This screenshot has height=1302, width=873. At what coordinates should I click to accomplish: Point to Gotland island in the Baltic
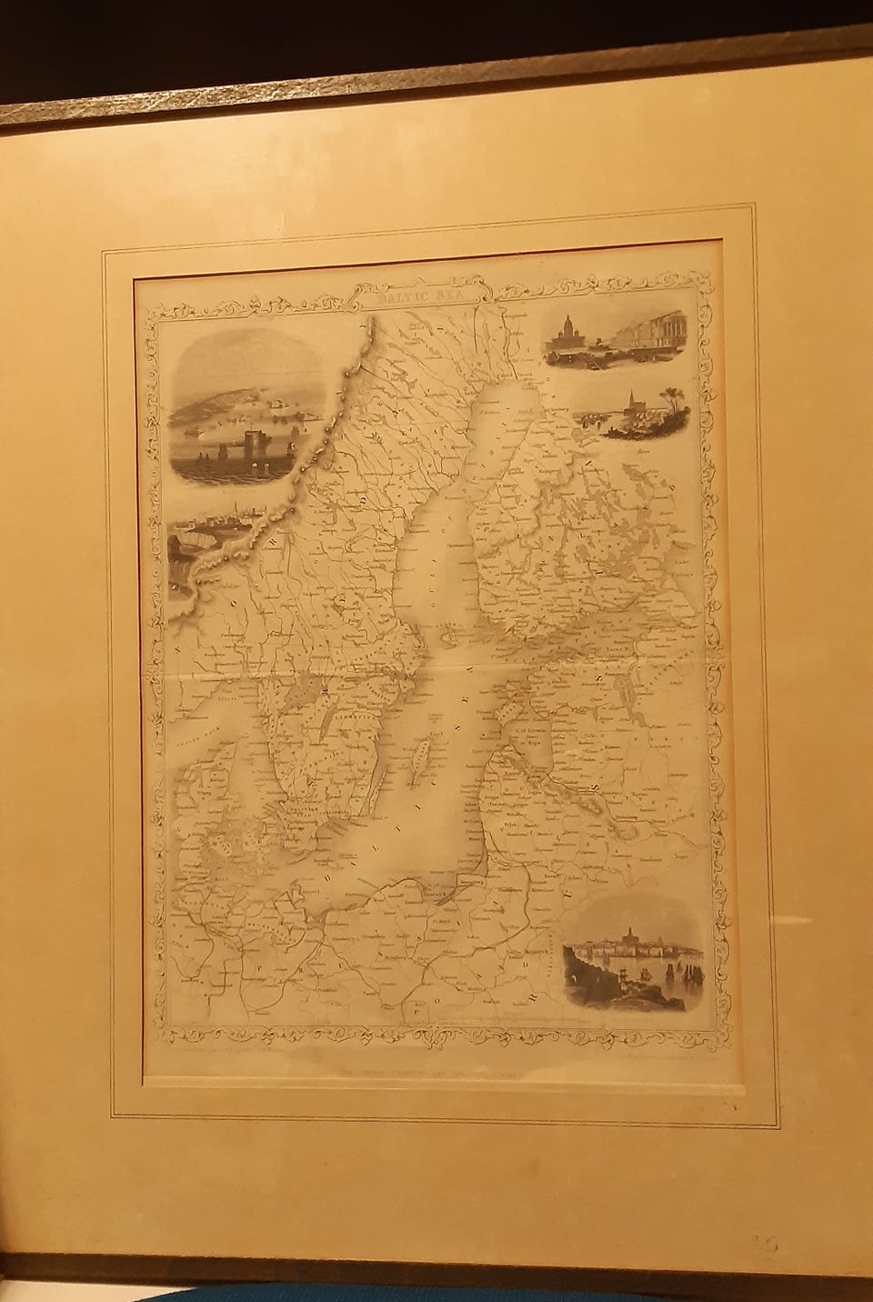[420, 753]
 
